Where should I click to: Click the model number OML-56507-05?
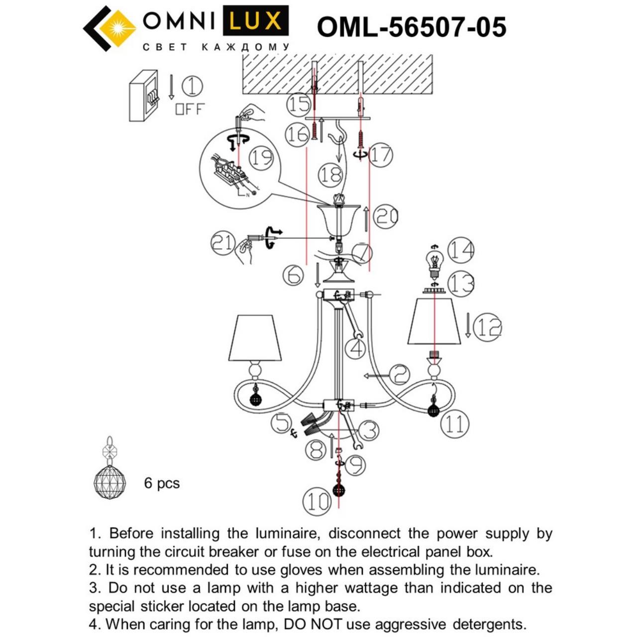pos(411,27)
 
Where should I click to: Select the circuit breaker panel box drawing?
pos(143,96)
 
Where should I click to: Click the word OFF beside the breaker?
pos(190,109)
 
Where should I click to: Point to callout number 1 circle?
pos(192,87)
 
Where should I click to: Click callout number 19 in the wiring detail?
pos(261,158)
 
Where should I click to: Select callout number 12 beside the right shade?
pos(487,327)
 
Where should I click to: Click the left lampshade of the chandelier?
pos(255,337)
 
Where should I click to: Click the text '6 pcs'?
pos(162,483)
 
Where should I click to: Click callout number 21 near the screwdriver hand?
pos(223,243)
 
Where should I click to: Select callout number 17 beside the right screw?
pos(381,155)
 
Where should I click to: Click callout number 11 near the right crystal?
pos(455,424)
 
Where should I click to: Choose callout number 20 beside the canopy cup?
pos(386,217)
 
